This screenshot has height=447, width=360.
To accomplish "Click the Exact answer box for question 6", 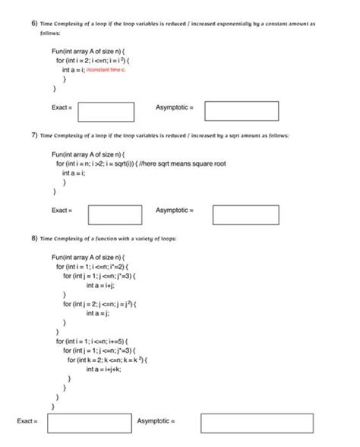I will tap(106, 111).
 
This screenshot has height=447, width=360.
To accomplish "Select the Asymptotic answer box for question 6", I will tap(242, 111).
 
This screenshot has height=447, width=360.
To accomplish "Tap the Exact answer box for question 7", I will tap(115, 214).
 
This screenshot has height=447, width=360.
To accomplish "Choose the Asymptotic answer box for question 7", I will tap(246, 214).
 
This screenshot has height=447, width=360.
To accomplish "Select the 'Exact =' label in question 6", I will tap(62, 107).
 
